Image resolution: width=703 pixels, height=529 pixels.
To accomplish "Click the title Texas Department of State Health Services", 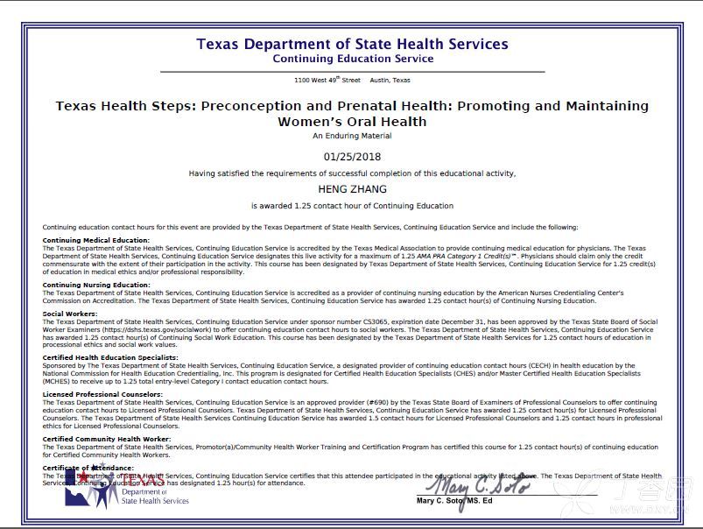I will pos(352,44).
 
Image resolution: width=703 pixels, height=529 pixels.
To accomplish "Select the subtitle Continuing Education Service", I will pos(352,60).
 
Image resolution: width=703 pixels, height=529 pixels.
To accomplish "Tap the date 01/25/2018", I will pos(352,157).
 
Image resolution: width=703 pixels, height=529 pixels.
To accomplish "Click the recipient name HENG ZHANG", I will pos(352,189).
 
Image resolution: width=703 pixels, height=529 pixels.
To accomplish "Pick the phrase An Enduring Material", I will pos(352,136).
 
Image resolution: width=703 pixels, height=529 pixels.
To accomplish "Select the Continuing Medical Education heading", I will pos(96,240).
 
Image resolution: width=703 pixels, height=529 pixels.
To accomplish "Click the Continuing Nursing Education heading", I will pos(96,285).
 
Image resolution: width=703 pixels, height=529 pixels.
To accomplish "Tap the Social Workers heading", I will pos(70,314).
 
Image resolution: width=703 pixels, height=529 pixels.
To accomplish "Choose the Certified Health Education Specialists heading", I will pos(110,357).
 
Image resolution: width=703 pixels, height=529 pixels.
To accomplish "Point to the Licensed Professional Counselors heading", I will pos(102,395).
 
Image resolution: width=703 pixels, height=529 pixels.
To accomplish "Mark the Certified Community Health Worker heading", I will pos(107,439).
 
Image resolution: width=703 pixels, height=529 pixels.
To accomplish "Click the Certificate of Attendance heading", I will pos(88,468).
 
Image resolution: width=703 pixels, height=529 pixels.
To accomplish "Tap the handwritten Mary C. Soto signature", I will pos(477,483).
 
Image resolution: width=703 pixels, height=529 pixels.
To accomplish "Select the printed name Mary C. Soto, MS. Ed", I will pos(454,501).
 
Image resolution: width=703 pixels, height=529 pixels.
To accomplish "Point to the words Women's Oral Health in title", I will pos(352,122).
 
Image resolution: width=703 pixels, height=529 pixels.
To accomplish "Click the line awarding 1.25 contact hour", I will pos(352,207).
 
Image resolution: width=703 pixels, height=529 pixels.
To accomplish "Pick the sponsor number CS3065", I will pos(370,321).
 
